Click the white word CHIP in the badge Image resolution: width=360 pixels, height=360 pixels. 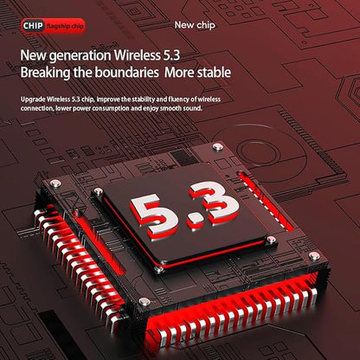pos(33,26)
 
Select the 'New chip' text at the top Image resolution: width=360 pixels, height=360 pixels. pos(195,25)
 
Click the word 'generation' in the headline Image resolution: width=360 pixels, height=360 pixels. pos(80,55)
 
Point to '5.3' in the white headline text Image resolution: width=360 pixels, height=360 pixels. pos(170,55)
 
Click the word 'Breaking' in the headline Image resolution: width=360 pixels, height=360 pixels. pos(45,73)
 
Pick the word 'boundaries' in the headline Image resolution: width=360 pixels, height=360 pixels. pos(127,72)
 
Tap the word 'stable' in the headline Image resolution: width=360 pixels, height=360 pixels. pos(214,72)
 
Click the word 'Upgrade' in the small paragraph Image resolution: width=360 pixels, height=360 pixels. pos(33,100)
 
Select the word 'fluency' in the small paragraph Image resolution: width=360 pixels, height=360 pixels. pos(178,100)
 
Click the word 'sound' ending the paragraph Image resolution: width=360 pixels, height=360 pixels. pos(193,108)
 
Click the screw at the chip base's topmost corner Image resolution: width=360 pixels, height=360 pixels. pos(218,147)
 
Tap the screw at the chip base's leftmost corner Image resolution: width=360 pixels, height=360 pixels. pos(55,183)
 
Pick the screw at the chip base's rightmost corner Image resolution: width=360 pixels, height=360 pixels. pos(314,256)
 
